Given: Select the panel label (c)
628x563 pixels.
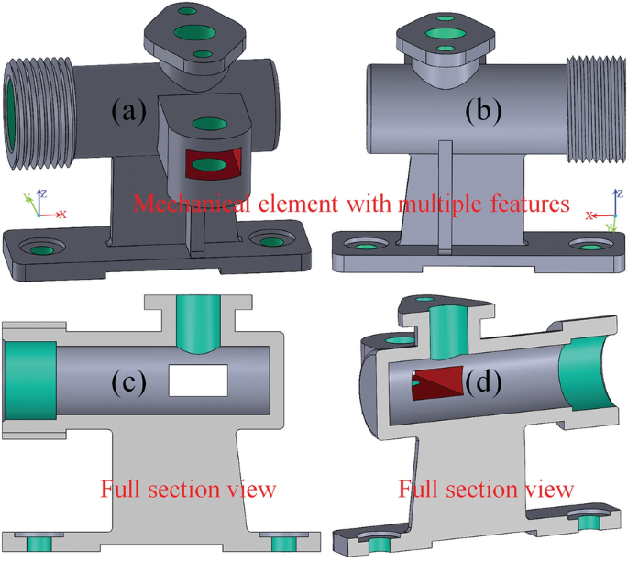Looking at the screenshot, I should (x=129, y=381).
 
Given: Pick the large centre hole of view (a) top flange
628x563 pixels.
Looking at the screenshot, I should (x=194, y=33).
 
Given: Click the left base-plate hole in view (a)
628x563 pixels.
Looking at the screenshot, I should (x=42, y=248).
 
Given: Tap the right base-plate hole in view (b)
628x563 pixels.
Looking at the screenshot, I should (x=587, y=246).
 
